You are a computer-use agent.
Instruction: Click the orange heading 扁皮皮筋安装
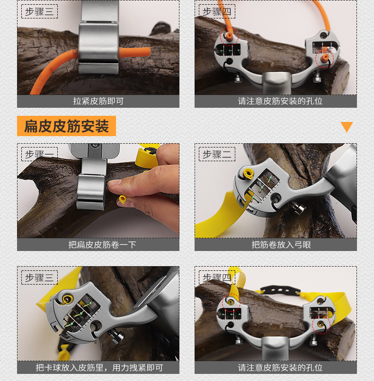coord(66,126)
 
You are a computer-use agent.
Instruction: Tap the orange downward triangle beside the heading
coord(347,127)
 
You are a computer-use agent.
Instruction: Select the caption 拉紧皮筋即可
coord(98,101)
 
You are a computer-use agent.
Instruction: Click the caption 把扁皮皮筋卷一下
coord(98,244)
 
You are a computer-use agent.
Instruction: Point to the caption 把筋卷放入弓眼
coord(276,244)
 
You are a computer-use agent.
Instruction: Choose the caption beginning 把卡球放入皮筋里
coord(98,367)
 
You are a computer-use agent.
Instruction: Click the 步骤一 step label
coord(39,154)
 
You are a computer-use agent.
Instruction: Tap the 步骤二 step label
coord(217,154)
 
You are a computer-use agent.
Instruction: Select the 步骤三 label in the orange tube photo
coord(39,11)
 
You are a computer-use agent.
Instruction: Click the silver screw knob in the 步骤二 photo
coord(299,208)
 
